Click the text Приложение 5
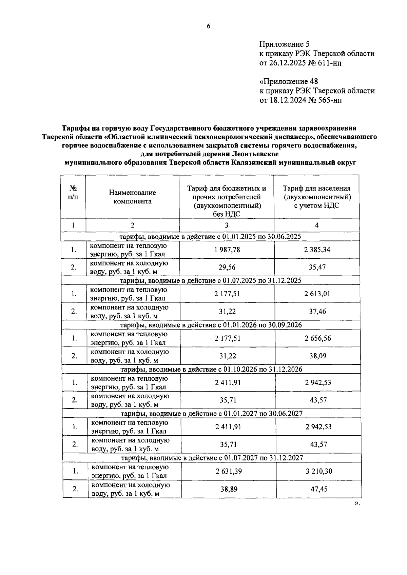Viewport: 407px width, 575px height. [x=284, y=44]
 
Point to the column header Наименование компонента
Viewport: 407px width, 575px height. [x=132, y=197]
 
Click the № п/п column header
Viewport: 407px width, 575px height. [x=73, y=193]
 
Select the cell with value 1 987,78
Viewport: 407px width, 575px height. [x=227, y=250]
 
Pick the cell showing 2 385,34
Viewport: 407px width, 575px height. [x=317, y=250]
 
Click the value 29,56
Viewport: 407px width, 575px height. [x=227, y=267]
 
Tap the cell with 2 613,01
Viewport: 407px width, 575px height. [x=317, y=294]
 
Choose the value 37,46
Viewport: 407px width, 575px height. [x=317, y=312]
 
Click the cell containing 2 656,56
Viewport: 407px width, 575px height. [x=318, y=338]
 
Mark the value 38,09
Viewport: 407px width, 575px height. [x=318, y=356]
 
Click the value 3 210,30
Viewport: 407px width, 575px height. [x=319, y=471]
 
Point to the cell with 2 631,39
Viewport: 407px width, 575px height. [x=229, y=471]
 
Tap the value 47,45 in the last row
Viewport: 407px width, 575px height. [x=319, y=489]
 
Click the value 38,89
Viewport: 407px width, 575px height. [x=229, y=489]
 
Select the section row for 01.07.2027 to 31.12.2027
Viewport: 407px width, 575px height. [x=212, y=458]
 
